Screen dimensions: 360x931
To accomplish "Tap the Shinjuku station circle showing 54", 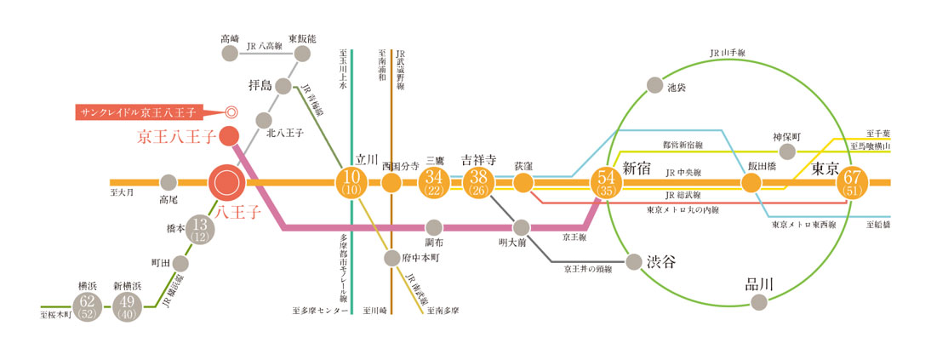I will tap(608, 182).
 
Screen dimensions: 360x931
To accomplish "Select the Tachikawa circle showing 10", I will tap(351, 182).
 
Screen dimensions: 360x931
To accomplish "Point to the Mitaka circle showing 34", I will tap(435, 182).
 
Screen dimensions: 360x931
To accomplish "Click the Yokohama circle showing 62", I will tap(87, 306).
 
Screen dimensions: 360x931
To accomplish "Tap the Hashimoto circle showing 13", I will tap(199, 229).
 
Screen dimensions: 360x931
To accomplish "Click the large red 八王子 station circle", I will tap(226, 182).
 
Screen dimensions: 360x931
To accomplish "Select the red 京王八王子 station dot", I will tap(228, 135).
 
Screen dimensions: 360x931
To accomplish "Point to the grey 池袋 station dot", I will tap(654, 84).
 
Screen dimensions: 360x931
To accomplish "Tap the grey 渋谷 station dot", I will tap(633, 261).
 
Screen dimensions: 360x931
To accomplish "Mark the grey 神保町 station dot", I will tap(787, 152).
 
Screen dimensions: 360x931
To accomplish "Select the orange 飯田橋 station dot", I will tap(751, 182).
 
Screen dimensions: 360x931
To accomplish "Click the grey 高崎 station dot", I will tap(229, 54).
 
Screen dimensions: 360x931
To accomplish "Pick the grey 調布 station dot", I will tap(434, 227).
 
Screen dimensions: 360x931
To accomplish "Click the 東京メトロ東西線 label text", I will tap(803, 226).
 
